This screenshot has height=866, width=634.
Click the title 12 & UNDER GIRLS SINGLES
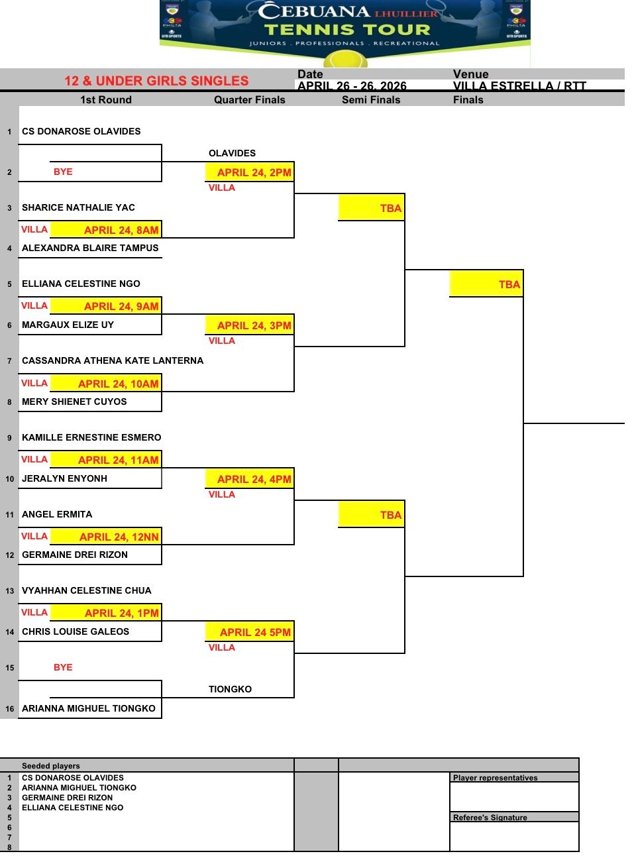(156, 81)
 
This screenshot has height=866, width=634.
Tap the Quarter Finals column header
(249, 100)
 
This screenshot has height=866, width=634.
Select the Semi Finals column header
(371, 100)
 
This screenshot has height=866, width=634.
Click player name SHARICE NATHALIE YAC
(78, 207)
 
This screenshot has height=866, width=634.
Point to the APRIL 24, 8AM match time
(121, 230)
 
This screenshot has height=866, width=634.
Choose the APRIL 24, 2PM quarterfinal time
(254, 172)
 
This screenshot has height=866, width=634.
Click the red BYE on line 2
(63, 172)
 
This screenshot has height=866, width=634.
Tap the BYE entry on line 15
(63, 667)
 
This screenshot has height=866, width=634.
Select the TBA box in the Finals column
(509, 284)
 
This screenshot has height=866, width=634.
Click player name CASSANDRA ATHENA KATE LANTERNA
(113, 360)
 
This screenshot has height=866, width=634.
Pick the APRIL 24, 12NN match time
(119, 537)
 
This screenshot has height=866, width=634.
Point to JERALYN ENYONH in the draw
(64, 478)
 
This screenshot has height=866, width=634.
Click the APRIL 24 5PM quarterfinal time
(255, 632)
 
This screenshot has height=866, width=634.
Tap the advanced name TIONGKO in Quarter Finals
(230, 689)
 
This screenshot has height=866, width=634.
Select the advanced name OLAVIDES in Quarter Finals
(232, 153)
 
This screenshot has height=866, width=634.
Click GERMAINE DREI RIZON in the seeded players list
(67, 798)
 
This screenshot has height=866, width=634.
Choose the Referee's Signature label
(490, 818)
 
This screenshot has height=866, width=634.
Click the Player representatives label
(496, 778)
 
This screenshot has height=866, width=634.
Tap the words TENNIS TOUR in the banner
(347, 30)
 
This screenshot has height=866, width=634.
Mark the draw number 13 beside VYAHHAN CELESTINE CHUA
(9, 591)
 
